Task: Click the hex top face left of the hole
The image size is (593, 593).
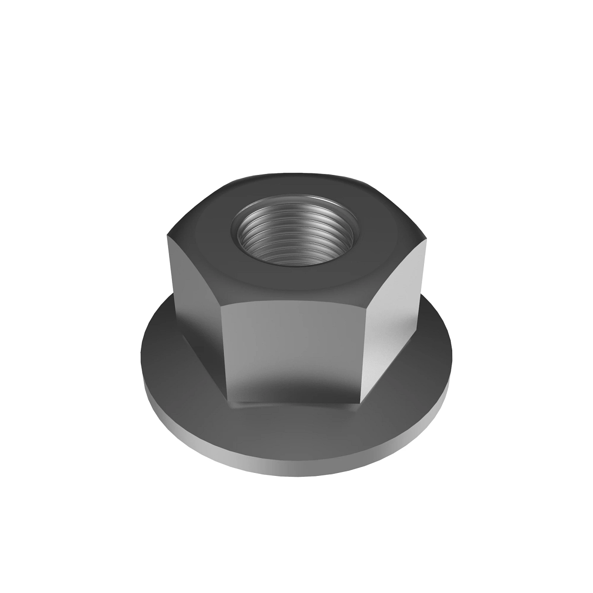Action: click(203, 237)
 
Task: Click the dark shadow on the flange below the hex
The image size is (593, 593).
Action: click(296, 415)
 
